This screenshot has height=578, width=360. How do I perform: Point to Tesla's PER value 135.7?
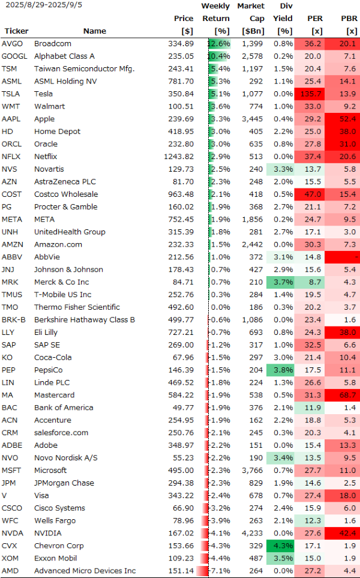coord(310,94)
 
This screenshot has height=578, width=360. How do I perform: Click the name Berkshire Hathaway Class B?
coord(84,320)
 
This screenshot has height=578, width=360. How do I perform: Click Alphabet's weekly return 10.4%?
coord(219,56)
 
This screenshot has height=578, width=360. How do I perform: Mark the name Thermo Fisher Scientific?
coord(77,307)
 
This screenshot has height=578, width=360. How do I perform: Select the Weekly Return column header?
coord(215,19)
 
